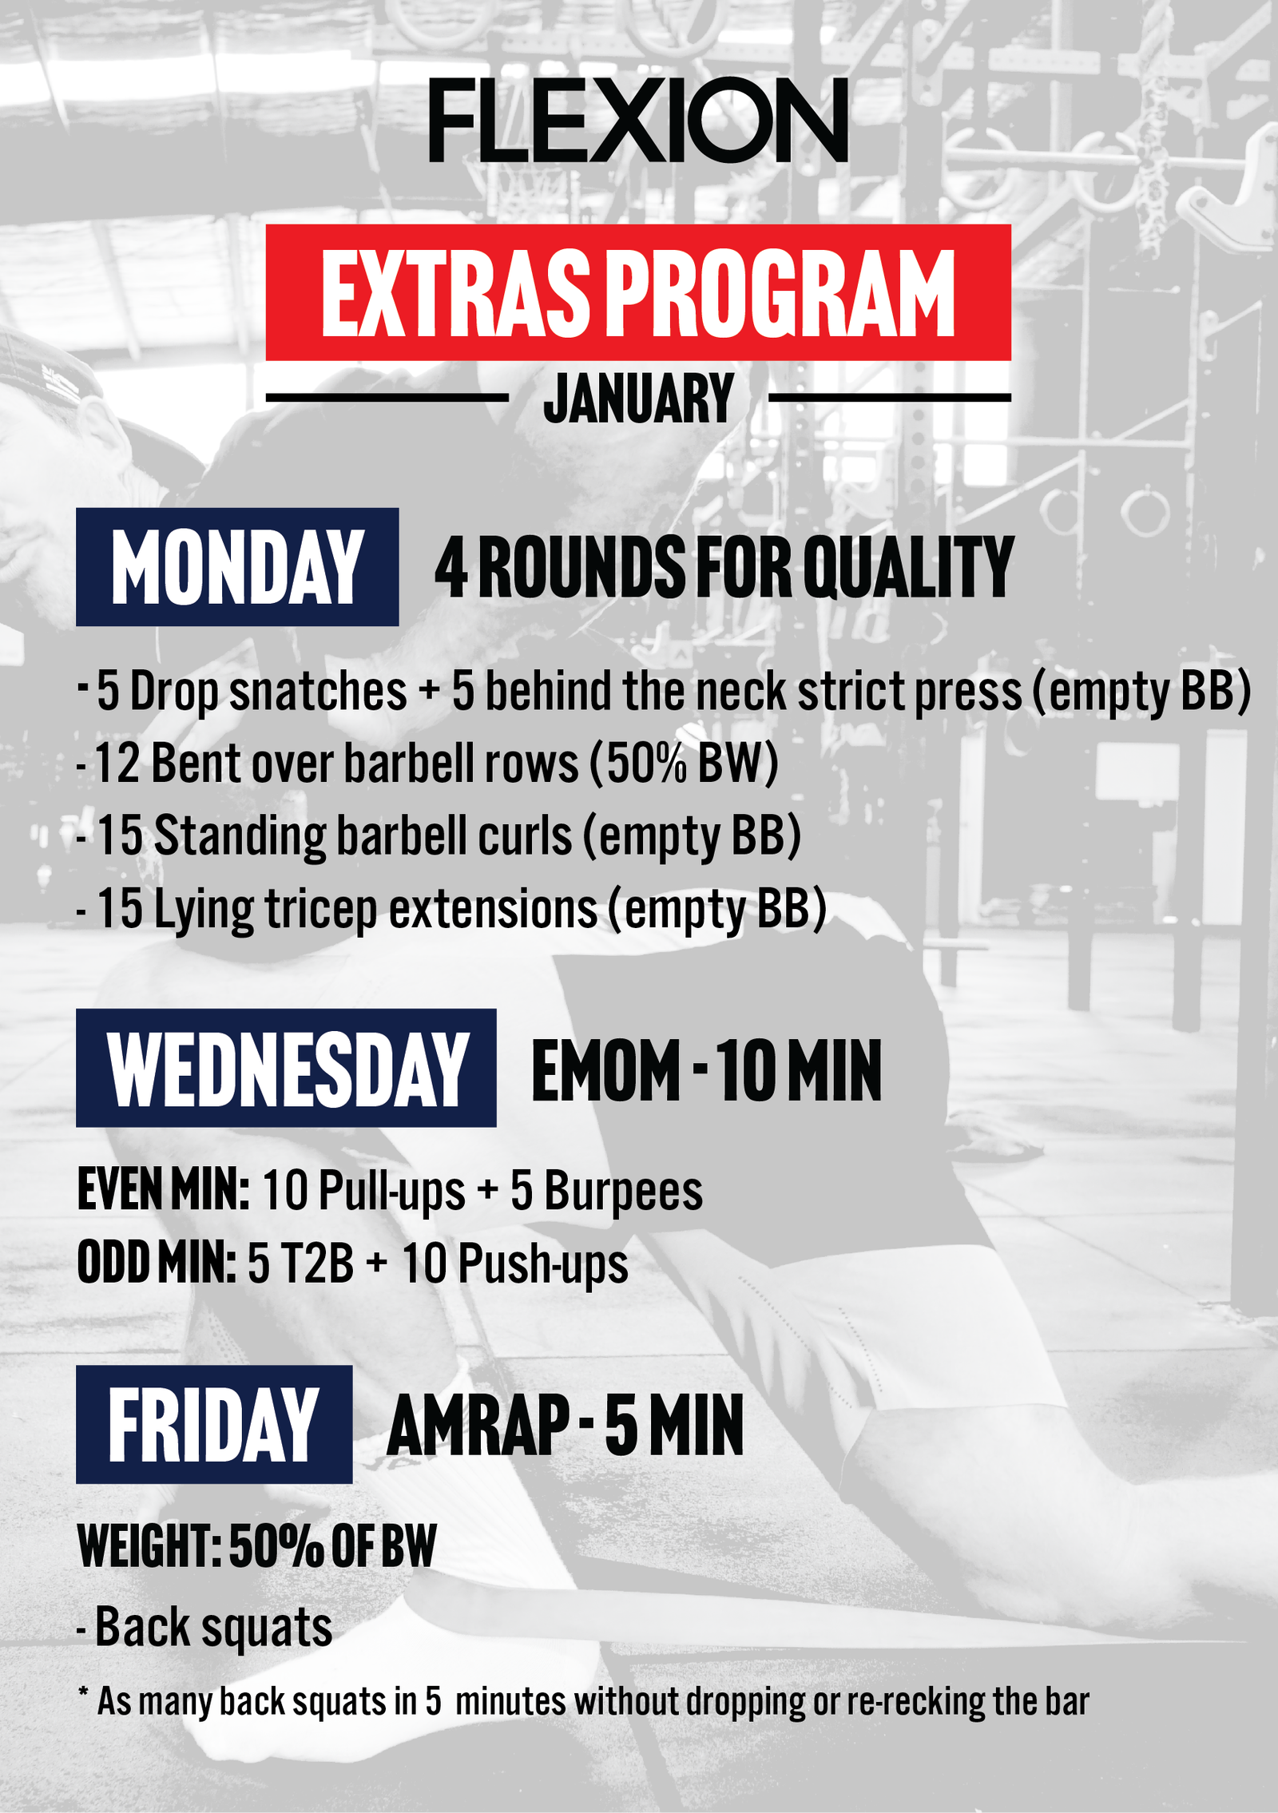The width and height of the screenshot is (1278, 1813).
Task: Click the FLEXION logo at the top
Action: click(638, 120)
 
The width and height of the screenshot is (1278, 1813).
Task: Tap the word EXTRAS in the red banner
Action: click(454, 293)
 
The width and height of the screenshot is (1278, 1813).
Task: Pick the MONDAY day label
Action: click(237, 567)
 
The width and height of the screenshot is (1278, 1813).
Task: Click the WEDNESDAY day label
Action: click(287, 1069)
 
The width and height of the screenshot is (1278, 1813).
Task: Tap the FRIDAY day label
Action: click(214, 1425)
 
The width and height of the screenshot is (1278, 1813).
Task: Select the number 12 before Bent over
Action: click(118, 764)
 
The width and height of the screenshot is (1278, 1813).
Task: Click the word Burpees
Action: click(623, 1192)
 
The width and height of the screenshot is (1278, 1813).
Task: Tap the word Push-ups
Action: click(542, 1265)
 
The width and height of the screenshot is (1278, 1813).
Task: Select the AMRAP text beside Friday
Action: click(478, 1426)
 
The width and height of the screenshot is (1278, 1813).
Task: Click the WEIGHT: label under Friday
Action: click(149, 1546)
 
